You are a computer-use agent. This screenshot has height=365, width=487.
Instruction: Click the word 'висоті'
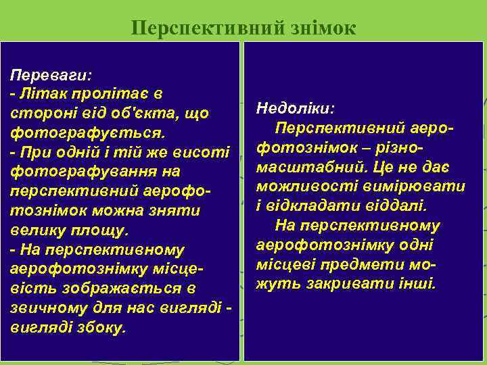203,152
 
